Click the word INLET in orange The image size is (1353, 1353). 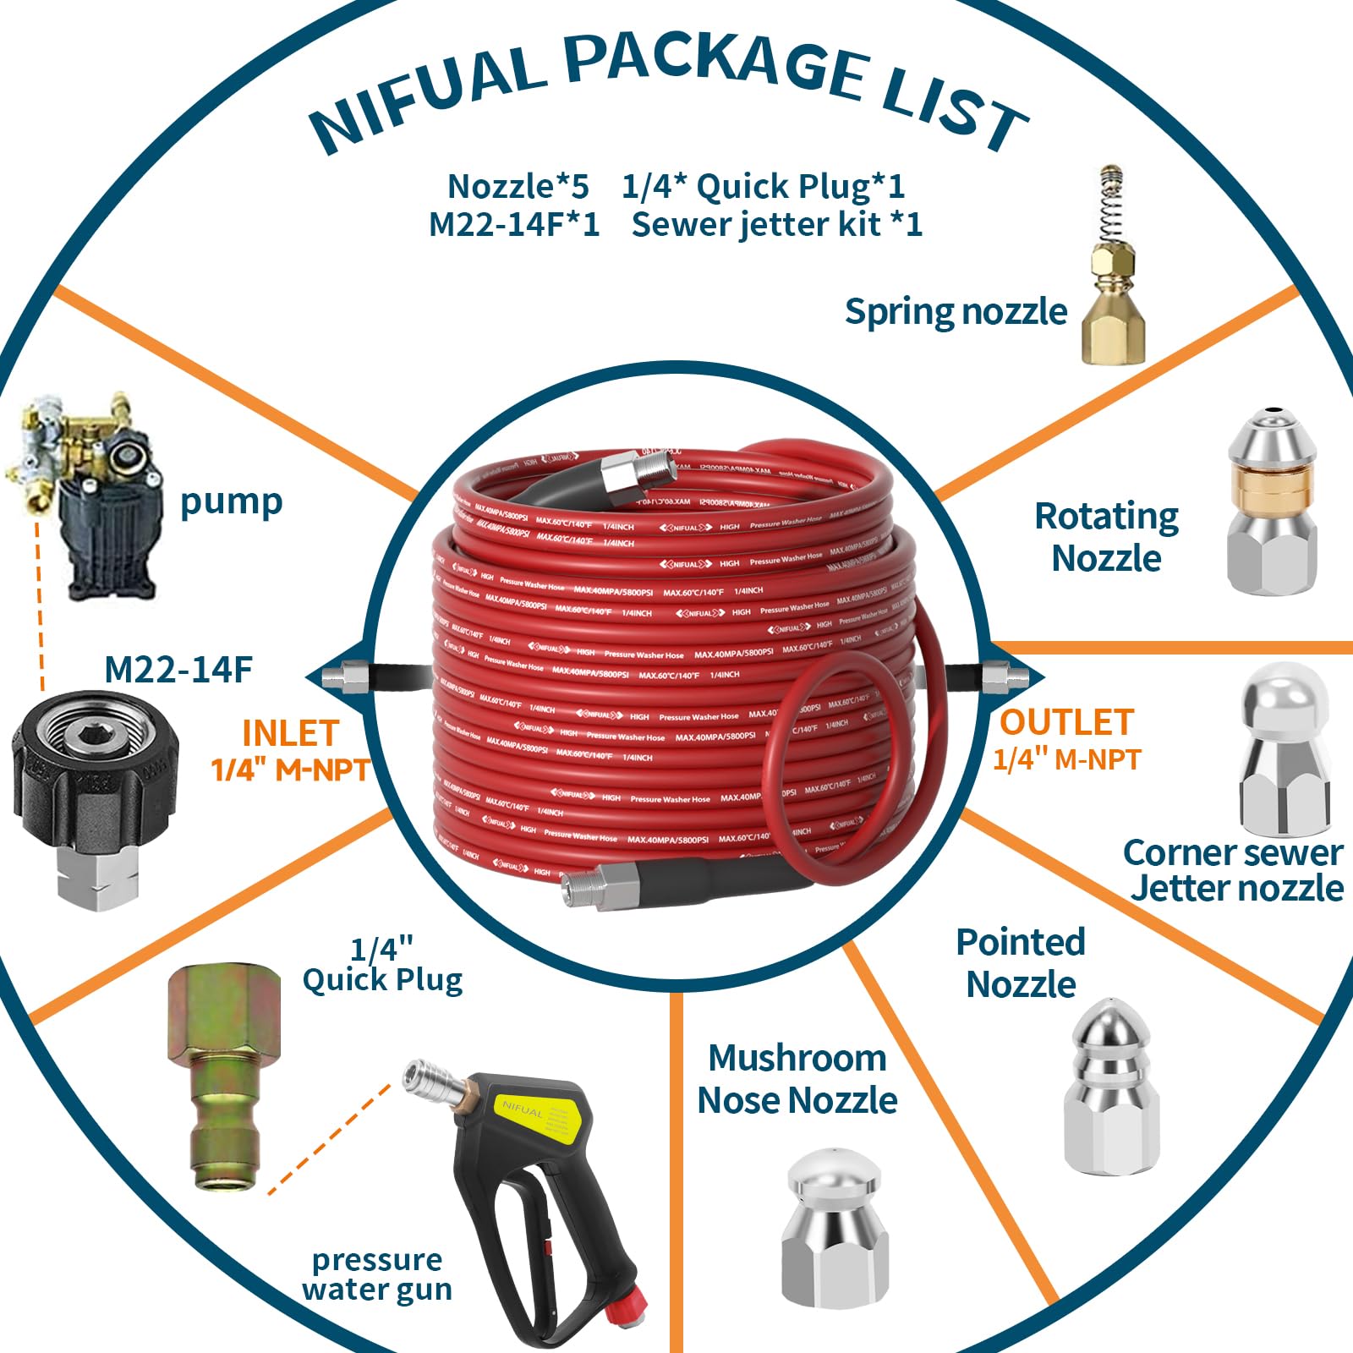pyautogui.click(x=290, y=733)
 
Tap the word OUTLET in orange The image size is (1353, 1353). pyautogui.click(x=1066, y=723)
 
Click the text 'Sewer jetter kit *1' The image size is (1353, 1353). pyautogui.click(x=776, y=225)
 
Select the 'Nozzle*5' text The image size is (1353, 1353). pyautogui.click(x=518, y=186)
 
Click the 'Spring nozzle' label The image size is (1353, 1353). pyautogui.click(x=956, y=312)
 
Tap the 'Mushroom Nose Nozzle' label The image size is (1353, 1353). pyautogui.click(x=797, y=1079)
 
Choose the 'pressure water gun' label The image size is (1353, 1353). pyautogui.click(x=377, y=1274)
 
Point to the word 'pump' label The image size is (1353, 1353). pyautogui.click(x=231, y=502)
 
